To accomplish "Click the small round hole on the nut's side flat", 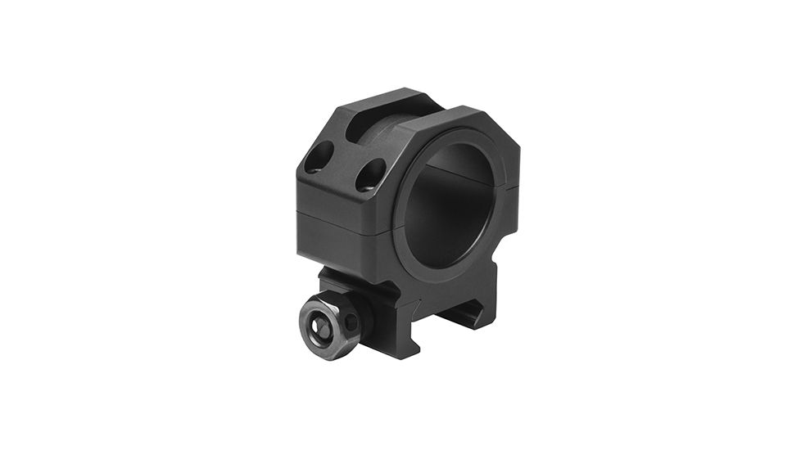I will coord(351,322).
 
